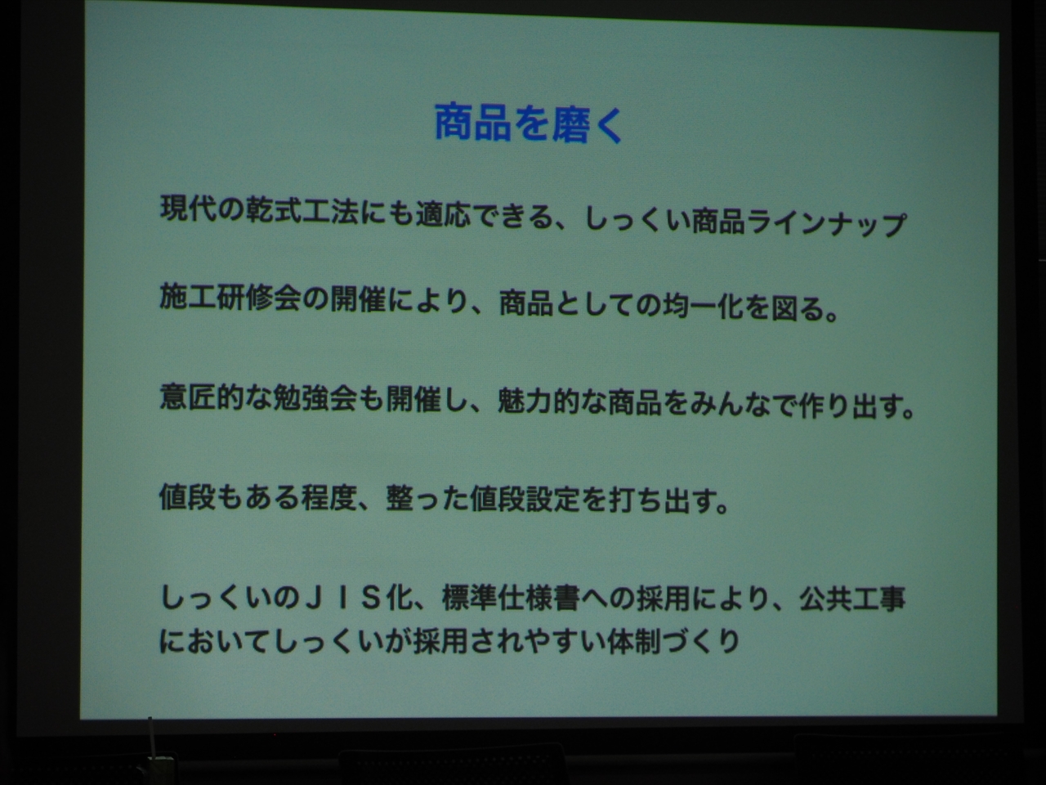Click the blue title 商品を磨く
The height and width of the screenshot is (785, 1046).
pos(529,124)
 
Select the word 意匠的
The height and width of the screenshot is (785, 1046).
pos(202,397)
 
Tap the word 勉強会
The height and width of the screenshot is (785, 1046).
pos(315,398)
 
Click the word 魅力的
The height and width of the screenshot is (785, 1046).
pos(539,401)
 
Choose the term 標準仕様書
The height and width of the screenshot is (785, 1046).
pos(511,599)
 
